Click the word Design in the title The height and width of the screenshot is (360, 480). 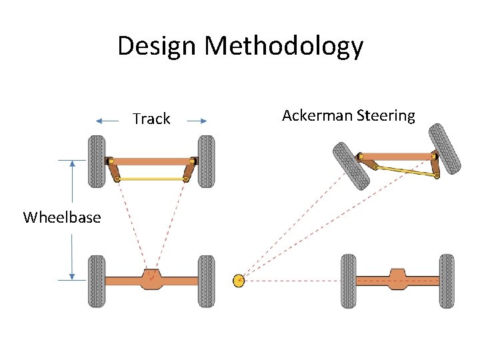tap(158, 46)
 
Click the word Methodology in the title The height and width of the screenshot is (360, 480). tap(284, 46)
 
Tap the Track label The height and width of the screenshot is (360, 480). tap(151, 119)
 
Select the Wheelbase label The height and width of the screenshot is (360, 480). tap(62, 217)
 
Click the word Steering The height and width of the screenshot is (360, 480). tap(386, 116)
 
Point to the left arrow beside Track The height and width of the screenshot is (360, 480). tap(107, 121)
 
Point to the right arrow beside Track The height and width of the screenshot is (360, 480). tap(197, 121)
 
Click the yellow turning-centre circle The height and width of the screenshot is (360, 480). tap(239, 281)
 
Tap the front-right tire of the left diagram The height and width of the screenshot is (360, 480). tap(206, 161)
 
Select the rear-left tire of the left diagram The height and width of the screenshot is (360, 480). tap(97, 281)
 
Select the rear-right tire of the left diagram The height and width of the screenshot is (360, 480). tap(206, 281)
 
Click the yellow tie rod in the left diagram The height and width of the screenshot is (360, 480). tap(152, 179)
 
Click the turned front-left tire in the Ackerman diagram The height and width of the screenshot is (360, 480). tap(351, 165)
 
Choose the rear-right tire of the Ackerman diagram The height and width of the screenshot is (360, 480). tap(446, 281)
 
